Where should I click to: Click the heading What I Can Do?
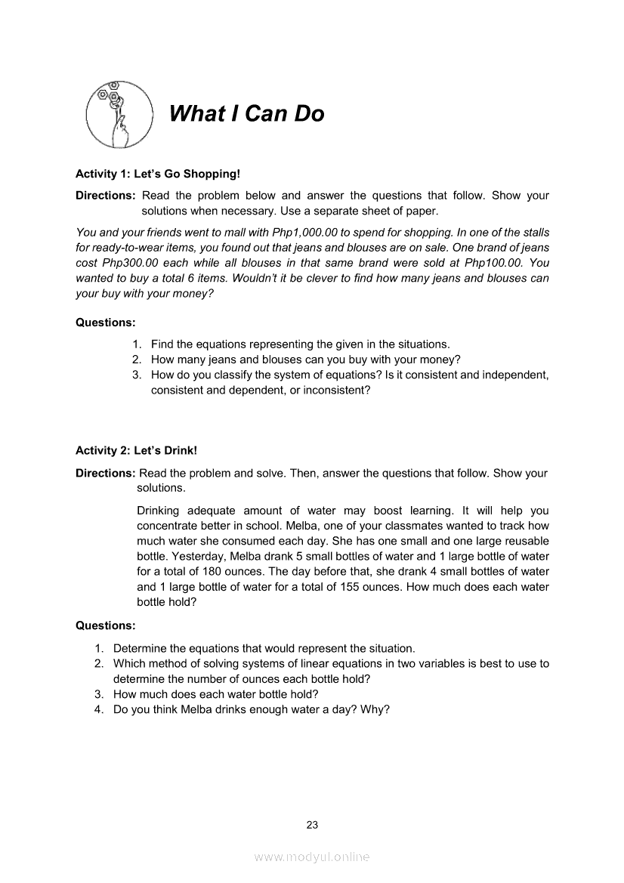[x=246, y=113]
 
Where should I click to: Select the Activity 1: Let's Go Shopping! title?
[x=158, y=174]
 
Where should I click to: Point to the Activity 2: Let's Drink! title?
[x=136, y=451]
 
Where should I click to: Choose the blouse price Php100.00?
[x=498, y=263]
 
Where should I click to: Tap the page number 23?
[x=312, y=825]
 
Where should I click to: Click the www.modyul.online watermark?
[x=312, y=857]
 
